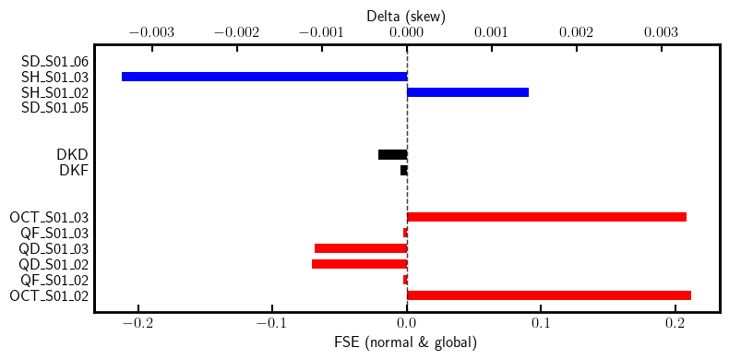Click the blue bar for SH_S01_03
264,77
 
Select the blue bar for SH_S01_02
468,92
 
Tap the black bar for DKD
392,154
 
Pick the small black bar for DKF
403,170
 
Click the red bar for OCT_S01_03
546,217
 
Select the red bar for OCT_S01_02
549,295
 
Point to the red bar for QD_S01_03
361,248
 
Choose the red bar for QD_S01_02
359,264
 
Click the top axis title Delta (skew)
406,14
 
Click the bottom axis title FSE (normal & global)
406,343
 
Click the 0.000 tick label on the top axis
406,31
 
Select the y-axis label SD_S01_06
54,61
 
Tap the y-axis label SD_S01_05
54,108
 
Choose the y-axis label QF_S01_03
54,233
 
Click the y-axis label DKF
74,170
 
